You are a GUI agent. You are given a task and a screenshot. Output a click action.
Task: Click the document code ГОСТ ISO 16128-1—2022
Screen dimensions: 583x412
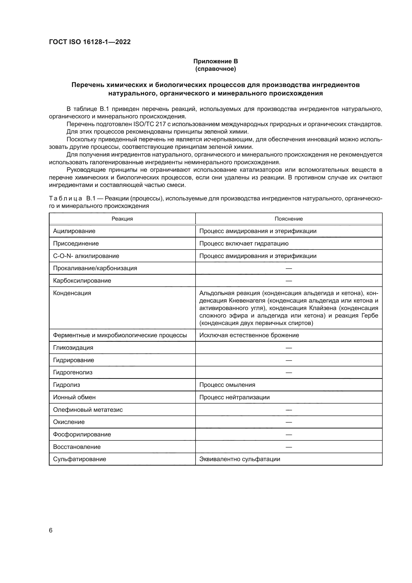coord(90,42)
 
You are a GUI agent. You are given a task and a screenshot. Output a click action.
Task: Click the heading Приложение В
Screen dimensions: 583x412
coord(215,61)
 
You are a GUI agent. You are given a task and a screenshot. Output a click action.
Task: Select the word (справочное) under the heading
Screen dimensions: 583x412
coord(215,69)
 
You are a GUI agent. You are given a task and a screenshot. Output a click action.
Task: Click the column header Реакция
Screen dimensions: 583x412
coord(122,219)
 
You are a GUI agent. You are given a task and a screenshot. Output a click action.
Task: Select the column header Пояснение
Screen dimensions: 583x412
coord(288,219)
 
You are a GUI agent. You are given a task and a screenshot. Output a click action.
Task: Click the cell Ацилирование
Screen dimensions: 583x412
coord(74,231)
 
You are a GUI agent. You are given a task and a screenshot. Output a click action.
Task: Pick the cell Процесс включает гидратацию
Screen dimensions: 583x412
coord(244,244)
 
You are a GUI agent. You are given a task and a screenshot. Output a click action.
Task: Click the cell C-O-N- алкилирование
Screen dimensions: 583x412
coord(86,256)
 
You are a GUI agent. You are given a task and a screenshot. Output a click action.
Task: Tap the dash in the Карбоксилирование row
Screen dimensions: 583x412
coord(289,281)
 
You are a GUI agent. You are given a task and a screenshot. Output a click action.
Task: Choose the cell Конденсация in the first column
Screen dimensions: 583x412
coord(72,293)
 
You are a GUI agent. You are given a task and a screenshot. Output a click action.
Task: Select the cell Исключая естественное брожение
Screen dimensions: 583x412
coord(249,335)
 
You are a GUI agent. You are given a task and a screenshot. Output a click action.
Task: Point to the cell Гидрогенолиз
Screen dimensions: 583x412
coord(72,372)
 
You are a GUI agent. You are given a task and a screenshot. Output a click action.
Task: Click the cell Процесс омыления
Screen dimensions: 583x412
coord(227,385)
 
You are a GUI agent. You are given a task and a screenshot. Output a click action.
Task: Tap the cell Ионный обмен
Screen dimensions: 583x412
coord(74,397)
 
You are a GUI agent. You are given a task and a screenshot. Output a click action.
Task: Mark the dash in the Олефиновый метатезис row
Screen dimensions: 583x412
coord(289,410)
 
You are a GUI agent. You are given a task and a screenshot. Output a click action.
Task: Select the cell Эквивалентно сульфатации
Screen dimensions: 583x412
coord(239,459)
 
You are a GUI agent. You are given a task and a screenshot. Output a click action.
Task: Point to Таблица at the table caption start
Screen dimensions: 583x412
coord(66,198)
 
